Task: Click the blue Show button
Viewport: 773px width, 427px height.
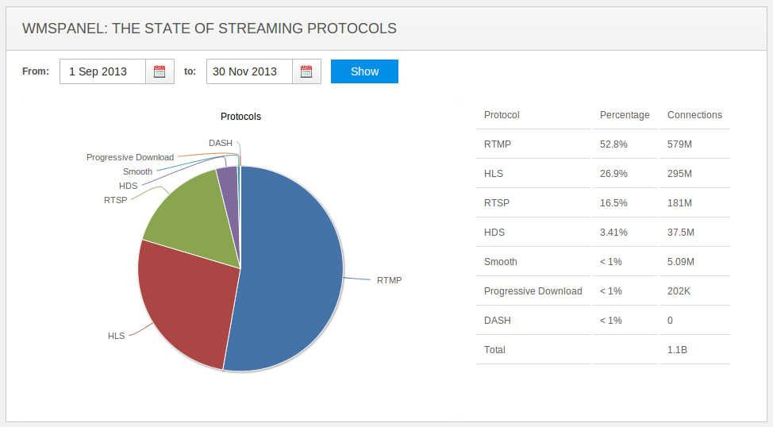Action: coord(364,71)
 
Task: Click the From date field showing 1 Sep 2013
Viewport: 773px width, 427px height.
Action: coord(102,71)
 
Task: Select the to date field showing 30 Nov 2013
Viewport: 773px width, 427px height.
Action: coord(249,71)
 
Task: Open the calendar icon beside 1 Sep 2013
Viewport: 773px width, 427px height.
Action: coord(160,71)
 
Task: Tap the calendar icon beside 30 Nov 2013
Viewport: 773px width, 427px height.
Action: coord(306,71)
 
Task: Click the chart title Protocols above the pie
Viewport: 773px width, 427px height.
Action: coord(240,117)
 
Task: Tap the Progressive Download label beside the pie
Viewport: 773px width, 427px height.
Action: coord(130,157)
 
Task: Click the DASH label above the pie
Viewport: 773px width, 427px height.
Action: coord(221,143)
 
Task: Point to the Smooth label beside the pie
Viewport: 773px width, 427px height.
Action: coord(137,171)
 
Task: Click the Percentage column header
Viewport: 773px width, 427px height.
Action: coord(625,115)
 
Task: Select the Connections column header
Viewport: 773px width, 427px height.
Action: coord(694,115)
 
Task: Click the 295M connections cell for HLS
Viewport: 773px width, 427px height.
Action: coord(680,174)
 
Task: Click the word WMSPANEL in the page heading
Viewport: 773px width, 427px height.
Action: coord(63,29)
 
